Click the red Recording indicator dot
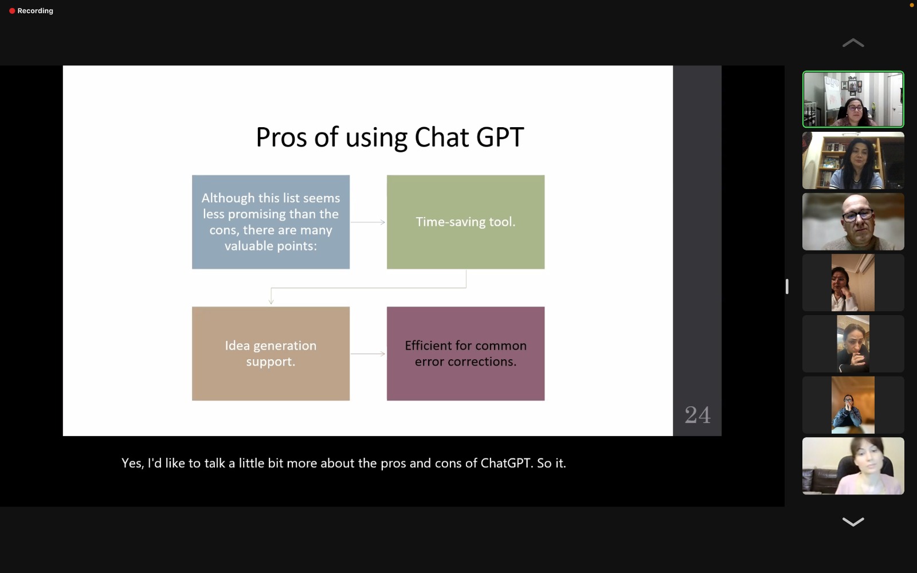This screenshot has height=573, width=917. [x=12, y=11]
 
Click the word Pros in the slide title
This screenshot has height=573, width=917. [x=281, y=137]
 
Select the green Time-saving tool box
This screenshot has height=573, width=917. [x=465, y=222]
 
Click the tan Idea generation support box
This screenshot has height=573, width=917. [x=271, y=353]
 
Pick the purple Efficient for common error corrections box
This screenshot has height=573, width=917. [x=465, y=353]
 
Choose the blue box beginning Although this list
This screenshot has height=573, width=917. [x=271, y=222]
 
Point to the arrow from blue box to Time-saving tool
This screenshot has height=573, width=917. [x=368, y=222]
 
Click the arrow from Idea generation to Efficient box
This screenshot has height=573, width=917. [x=368, y=354]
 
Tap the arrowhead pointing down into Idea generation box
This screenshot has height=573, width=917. [x=271, y=301]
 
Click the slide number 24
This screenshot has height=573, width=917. [x=697, y=415]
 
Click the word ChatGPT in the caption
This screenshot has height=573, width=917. [x=505, y=463]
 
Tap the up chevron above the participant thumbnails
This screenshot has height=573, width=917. [x=853, y=43]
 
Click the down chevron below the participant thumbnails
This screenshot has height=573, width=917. [x=853, y=521]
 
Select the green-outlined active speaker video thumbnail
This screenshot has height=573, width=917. [x=853, y=99]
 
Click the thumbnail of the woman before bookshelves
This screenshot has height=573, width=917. [x=853, y=160]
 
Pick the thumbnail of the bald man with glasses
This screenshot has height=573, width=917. [x=853, y=221]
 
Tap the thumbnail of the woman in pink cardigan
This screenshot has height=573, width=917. [x=853, y=466]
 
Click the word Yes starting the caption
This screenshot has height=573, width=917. [x=131, y=463]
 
